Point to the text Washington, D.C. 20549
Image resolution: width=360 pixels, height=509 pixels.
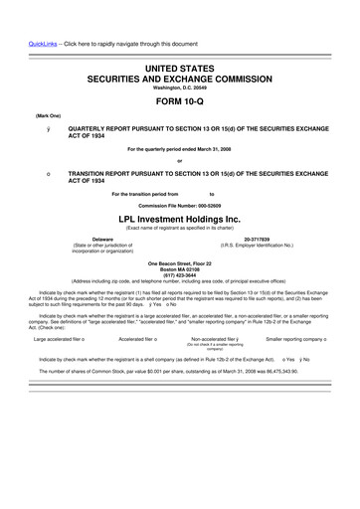[x=180, y=85]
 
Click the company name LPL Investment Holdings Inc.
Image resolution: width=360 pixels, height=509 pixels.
[x=180, y=218]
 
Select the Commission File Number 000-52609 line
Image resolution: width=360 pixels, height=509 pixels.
[x=180, y=205]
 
